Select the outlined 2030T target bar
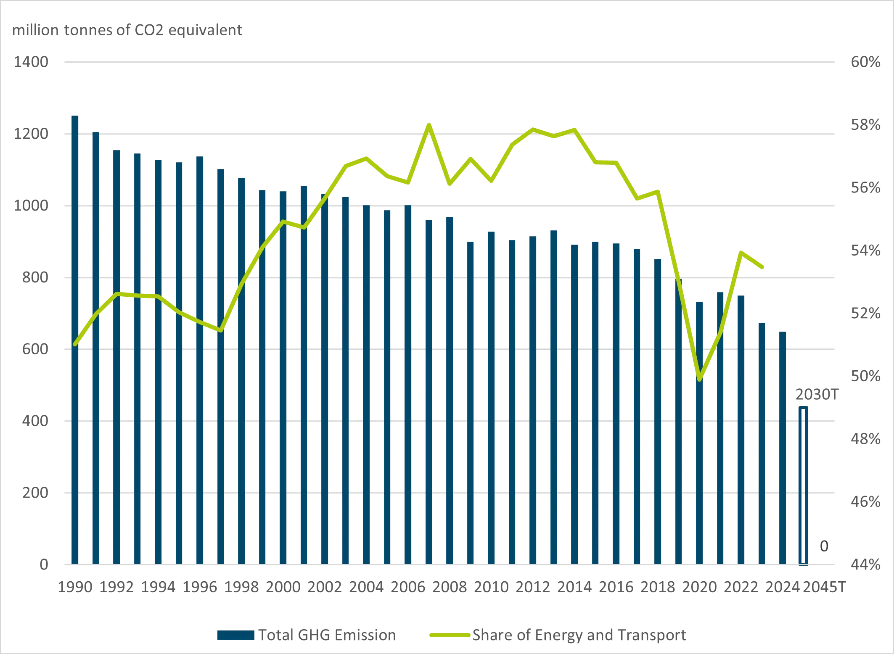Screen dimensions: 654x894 tap(803, 485)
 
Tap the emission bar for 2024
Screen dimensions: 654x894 tap(783, 448)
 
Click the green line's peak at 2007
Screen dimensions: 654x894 tap(428, 125)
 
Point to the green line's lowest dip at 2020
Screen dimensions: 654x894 tap(700, 380)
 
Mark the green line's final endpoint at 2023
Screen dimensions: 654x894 tap(762, 267)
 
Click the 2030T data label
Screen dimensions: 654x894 tap(817, 395)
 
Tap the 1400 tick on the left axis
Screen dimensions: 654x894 tap(31, 62)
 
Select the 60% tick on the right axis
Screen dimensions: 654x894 tap(865, 62)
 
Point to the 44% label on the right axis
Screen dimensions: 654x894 tap(865, 564)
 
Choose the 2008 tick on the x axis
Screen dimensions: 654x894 tap(450, 587)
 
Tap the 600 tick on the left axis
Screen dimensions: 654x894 tap(35, 349)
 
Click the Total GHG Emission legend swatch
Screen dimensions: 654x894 tap(235, 635)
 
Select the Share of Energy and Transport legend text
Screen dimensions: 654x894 tap(579, 635)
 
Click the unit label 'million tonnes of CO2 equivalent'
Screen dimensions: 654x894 tap(127, 30)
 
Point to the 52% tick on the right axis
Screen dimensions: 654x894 tap(865, 314)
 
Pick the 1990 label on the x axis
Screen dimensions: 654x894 tap(75, 587)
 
